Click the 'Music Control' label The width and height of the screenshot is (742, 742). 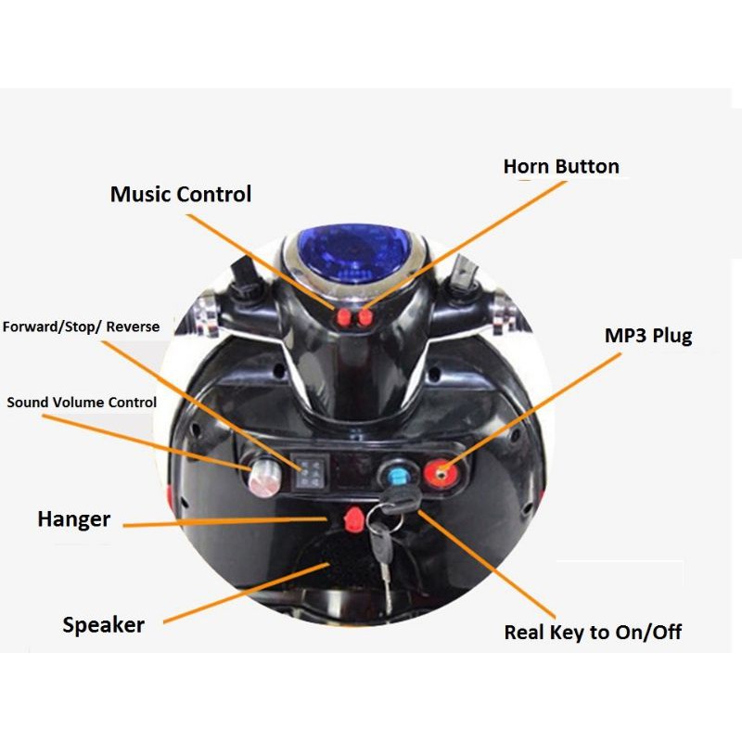pyautogui.click(x=180, y=195)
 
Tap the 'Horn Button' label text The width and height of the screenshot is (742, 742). pyautogui.click(x=560, y=167)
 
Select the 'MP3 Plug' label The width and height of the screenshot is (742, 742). pyautogui.click(x=647, y=335)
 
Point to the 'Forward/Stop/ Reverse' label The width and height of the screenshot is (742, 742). pyautogui.click(x=81, y=326)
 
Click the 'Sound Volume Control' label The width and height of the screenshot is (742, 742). pyautogui.click(x=82, y=403)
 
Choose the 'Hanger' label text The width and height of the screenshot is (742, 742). pyautogui.click(x=73, y=518)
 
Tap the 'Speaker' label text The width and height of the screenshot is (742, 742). pyautogui.click(x=103, y=624)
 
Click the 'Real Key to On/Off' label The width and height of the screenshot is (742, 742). pyautogui.click(x=592, y=633)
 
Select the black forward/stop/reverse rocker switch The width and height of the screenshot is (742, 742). pyautogui.click(x=308, y=473)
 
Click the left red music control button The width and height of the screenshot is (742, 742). pyautogui.click(x=344, y=318)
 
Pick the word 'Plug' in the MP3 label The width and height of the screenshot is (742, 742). pyautogui.click(x=671, y=335)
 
